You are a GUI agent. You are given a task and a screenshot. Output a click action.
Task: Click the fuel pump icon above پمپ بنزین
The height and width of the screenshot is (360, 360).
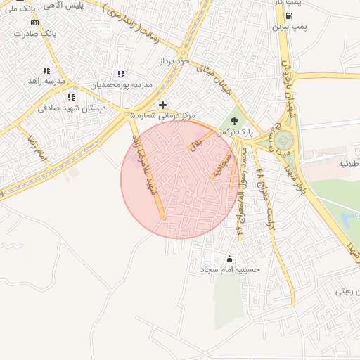tap(276, 15)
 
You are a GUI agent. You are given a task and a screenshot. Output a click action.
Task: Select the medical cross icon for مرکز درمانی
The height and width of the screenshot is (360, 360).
tap(163, 104)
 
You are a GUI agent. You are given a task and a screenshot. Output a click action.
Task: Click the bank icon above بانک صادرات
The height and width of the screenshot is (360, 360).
tap(34, 22)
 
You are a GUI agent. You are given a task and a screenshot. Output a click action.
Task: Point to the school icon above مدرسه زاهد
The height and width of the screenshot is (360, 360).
tap(46, 70)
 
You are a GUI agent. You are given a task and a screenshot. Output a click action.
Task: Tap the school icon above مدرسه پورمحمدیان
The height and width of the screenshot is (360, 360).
tap(121, 74)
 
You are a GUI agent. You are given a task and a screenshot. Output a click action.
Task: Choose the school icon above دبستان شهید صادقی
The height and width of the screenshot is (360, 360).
tap(70, 97)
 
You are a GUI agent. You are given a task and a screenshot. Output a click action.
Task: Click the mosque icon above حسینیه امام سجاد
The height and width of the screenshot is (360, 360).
tap(229, 259)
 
